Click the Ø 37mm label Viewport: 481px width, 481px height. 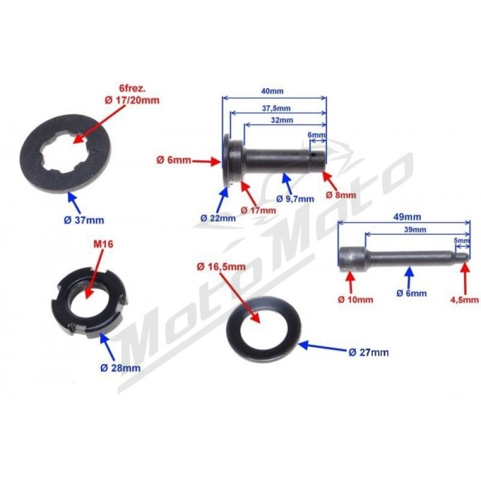tap(84, 220)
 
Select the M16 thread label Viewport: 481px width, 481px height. tap(103, 245)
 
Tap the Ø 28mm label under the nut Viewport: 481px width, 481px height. tap(120, 367)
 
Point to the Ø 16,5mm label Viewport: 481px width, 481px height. tap(221, 267)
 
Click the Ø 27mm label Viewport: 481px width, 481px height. tap(369, 352)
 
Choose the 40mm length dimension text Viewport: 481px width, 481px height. tap(272, 91)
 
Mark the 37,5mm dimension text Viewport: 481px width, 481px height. tap(277, 108)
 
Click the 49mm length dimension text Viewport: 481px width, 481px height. tap(407, 217)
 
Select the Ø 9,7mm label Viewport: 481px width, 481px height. tap(295, 199)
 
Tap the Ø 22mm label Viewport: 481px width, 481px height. tap(218, 218)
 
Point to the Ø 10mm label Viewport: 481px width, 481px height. tap(355, 299)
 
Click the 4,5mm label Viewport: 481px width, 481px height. tap(464, 299)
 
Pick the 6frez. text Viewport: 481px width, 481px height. tap(132, 89)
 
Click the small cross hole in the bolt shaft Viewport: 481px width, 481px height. tap(313, 155)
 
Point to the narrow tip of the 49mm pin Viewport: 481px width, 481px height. tap(463, 256)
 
